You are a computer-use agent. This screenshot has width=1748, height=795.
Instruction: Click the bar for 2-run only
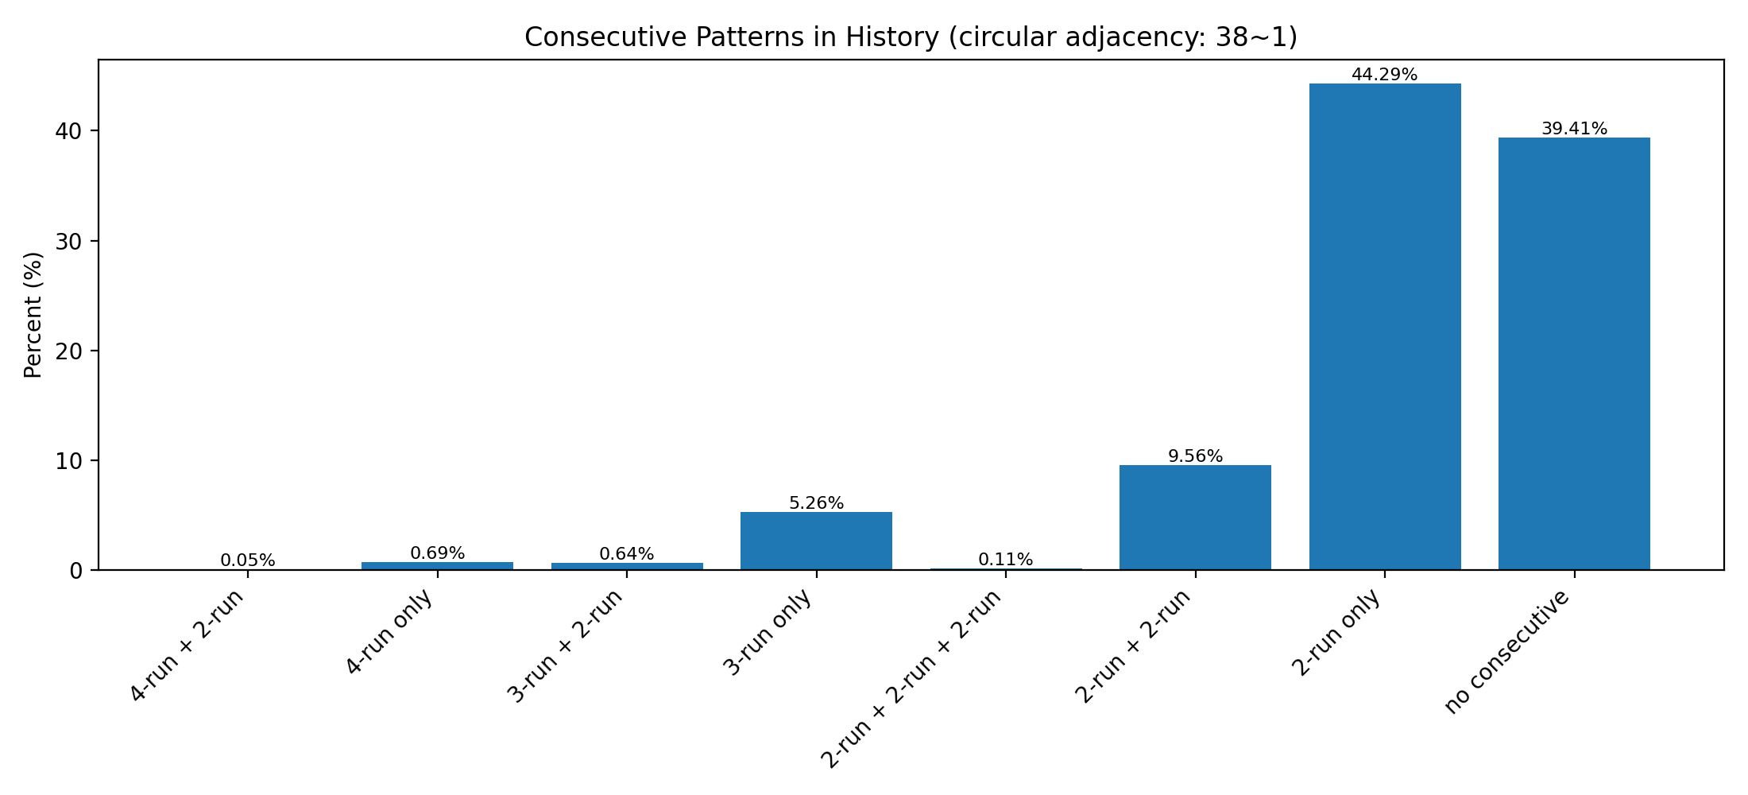1384,326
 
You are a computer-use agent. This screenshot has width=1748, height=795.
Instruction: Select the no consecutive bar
1574,354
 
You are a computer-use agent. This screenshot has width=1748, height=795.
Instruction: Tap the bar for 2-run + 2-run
1195,518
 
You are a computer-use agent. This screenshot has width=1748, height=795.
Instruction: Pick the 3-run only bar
816,541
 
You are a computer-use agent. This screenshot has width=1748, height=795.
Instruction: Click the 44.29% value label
1384,75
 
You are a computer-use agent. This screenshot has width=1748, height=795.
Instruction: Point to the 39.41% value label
1574,129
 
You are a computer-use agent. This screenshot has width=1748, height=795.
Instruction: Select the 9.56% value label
1195,456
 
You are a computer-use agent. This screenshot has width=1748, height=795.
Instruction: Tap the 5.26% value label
816,503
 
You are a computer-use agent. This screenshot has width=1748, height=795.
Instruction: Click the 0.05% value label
248,560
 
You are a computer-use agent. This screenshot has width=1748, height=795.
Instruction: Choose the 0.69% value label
437,553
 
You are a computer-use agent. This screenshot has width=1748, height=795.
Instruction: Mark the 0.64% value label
627,554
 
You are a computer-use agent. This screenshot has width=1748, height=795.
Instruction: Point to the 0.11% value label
1005,560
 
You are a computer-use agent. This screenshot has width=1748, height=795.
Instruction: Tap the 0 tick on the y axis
76,571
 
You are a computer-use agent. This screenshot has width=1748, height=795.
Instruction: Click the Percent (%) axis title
33,315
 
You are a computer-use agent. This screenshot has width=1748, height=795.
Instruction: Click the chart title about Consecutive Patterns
911,37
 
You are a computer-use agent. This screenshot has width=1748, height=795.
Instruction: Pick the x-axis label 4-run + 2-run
188,646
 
